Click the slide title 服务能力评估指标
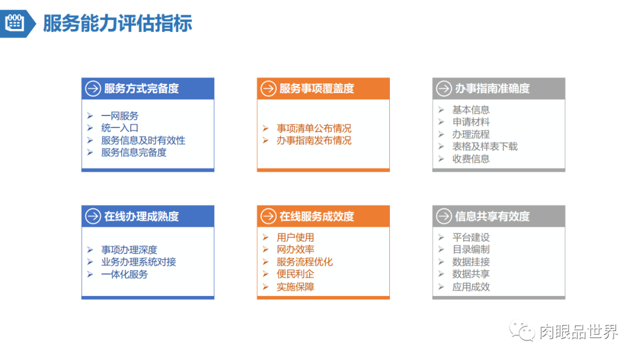click(117, 23)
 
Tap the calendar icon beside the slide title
click(14, 23)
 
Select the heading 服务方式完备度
click(141, 89)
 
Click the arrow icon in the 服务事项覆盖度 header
click(269, 89)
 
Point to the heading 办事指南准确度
click(492, 89)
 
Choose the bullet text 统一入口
click(120, 128)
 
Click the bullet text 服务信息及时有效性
click(143, 140)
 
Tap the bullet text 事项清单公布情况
click(314, 128)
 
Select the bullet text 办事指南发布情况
click(314, 141)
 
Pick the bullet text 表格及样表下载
click(485, 146)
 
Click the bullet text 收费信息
click(471, 159)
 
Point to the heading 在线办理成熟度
click(141, 217)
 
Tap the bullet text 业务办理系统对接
click(138, 262)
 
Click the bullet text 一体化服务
click(124, 274)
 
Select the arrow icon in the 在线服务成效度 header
click(269, 217)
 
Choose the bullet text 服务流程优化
click(305, 262)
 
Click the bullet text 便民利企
click(295, 274)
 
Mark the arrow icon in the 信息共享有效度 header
click(444, 217)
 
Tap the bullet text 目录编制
click(471, 249)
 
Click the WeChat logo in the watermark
click(522, 331)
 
